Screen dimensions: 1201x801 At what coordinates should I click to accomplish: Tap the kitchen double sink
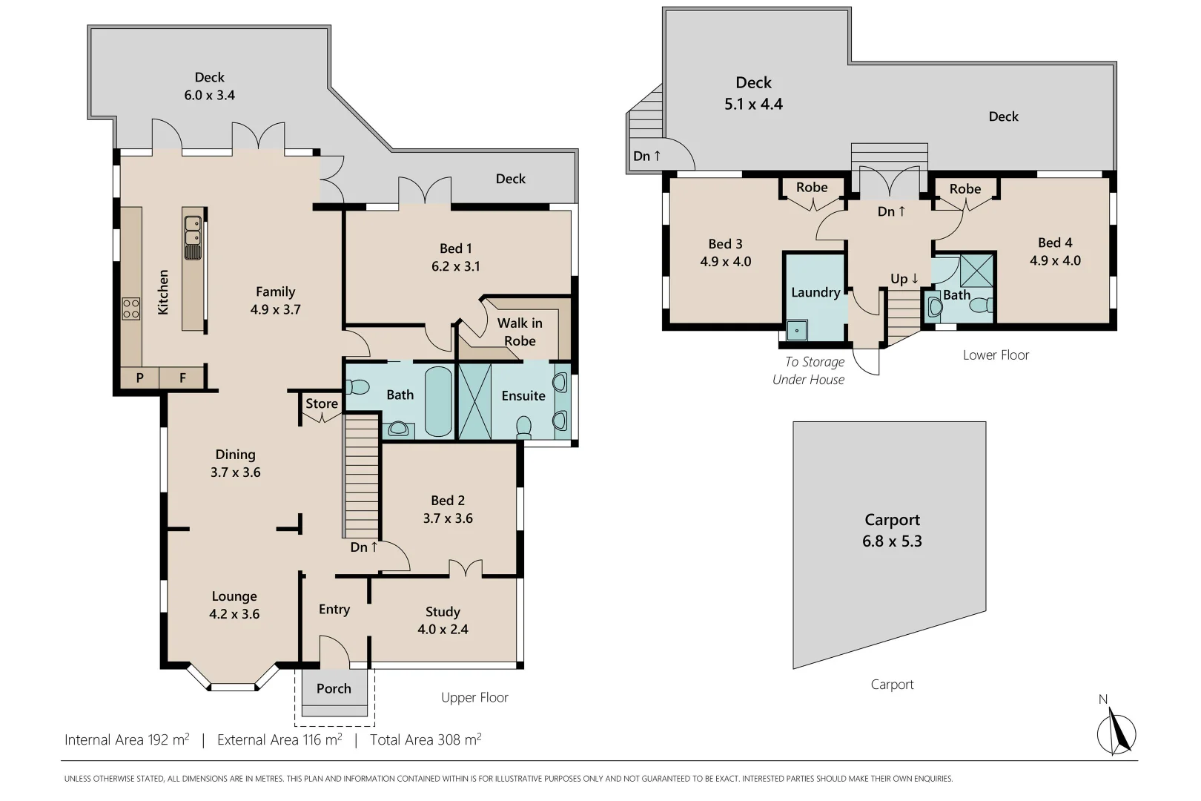[x=193, y=237]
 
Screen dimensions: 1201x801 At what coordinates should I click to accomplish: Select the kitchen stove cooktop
[x=130, y=309]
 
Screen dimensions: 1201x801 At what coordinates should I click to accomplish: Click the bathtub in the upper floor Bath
[x=438, y=401]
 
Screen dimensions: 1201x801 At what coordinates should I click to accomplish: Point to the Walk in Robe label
[x=520, y=332]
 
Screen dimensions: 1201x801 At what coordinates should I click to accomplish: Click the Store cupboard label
[x=322, y=403]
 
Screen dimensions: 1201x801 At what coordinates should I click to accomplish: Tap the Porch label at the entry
[x=334, y=688]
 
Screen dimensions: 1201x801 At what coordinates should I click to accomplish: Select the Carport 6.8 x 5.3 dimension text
[x=892, y=541]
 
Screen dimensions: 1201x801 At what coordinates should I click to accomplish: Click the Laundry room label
[x=815, y=292]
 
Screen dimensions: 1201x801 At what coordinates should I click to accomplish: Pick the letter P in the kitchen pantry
[x=139, y=378]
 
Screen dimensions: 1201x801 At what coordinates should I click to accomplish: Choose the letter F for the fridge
[x=182, y=378]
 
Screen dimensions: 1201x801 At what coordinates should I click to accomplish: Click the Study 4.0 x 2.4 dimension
[x=443, y=629]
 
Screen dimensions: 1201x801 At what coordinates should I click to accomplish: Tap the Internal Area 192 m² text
[x=127, y=739]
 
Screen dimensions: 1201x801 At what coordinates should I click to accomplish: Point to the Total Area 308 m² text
[x=426, y=739]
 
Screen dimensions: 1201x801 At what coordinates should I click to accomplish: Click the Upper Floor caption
[x=474, y=697]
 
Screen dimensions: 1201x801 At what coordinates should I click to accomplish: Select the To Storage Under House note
[x=809, y=371]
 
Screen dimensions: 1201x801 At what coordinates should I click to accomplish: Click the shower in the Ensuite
[x=475, y=401]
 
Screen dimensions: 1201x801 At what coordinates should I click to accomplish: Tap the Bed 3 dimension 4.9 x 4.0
[x=726, y=261]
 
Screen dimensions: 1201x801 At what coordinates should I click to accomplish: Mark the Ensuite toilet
[x=524, y=428]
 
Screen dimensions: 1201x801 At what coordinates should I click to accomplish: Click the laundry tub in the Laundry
[x=797, y=331]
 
